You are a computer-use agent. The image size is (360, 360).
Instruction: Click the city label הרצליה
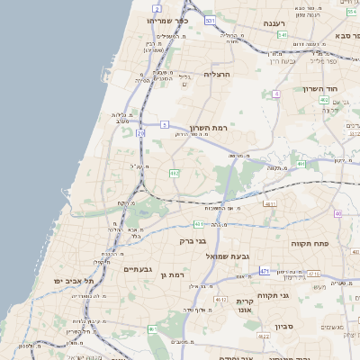coord(219,74)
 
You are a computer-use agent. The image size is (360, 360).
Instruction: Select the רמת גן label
coord(170,274)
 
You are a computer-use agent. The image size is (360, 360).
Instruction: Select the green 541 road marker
coord(282,35)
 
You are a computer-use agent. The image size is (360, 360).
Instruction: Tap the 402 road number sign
coord(323,100)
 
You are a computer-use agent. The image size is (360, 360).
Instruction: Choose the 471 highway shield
coord(265,270)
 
